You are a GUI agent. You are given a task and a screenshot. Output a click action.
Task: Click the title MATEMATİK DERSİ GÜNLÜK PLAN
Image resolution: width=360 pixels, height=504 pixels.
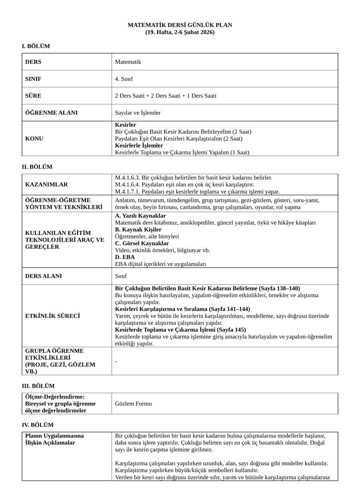coord(180,25)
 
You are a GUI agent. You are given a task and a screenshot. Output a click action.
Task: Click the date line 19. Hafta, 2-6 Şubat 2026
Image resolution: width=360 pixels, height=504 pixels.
coord(180,32)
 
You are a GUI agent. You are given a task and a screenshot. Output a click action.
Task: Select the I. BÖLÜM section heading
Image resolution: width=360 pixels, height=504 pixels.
coord(36,46)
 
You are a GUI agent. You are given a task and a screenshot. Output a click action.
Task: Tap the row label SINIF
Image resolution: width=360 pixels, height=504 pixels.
coord(33,79)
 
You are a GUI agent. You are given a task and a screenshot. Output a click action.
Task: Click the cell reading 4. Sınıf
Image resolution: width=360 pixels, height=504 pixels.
coord(124,79)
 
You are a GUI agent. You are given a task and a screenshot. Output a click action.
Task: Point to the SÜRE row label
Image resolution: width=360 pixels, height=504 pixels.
coord(33,96)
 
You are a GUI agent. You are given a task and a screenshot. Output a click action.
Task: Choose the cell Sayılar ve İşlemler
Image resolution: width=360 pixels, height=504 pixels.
coord(138,113)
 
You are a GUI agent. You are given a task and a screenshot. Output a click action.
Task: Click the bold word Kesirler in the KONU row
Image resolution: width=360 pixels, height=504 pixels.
coord(125,125)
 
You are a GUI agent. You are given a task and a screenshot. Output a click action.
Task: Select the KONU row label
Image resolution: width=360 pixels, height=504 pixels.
coord(34,139)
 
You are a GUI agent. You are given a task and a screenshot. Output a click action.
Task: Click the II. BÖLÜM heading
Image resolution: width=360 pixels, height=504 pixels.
coord(37,167)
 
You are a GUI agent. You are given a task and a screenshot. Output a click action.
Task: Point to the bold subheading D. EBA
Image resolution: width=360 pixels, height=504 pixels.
coord(125,257)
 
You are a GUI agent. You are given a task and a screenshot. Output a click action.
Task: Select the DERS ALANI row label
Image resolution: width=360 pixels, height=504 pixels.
coord(44,276)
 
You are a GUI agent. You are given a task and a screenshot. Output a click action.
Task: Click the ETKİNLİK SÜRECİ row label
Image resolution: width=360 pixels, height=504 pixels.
coord(52,316)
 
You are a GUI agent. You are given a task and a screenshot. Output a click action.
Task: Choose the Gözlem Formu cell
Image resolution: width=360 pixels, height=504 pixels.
coord(133,404)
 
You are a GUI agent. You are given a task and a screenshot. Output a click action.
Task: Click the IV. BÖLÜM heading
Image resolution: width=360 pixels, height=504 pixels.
coord(37,425)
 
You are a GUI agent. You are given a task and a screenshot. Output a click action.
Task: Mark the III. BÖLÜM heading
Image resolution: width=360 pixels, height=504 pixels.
coord(38,386)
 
